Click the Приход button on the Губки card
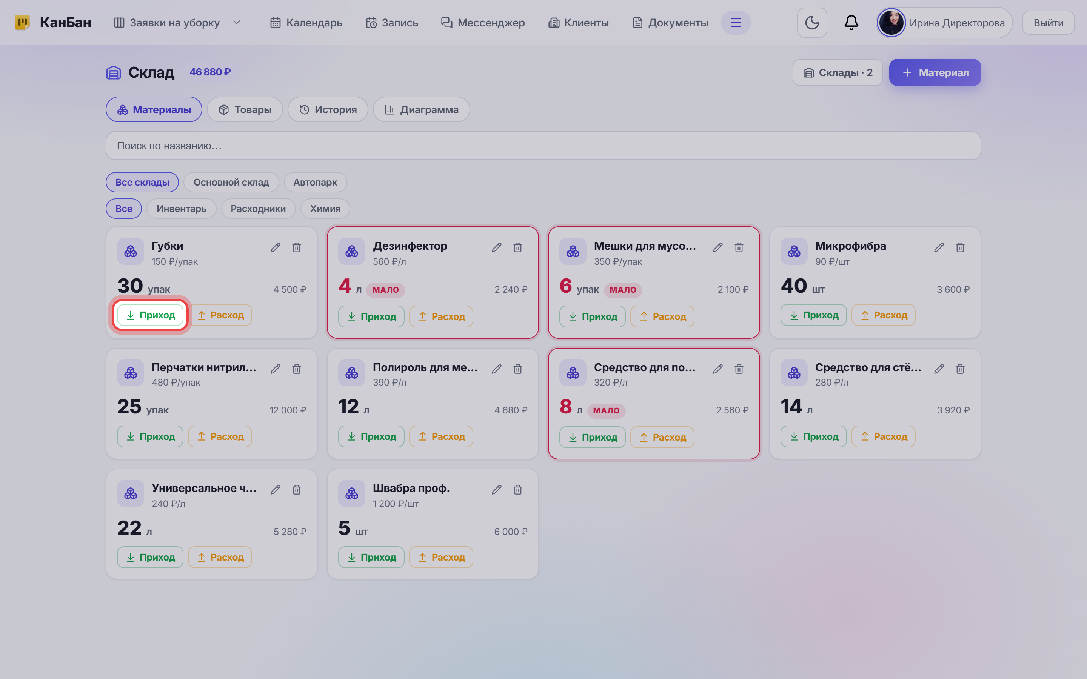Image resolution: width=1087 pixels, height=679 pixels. tap(150, 315)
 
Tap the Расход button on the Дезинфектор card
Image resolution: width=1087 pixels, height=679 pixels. tap(441, 316)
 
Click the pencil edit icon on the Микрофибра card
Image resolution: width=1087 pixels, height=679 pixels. tap(939, 247)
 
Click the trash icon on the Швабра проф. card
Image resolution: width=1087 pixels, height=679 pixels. tap(518, 490)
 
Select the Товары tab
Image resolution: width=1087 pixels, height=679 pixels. tap(245, 109)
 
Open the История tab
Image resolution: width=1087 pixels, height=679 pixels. tap(328, 109)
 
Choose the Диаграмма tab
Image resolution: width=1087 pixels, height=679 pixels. tap(421, 109)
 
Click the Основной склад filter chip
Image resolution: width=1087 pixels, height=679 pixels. tap(231, 182)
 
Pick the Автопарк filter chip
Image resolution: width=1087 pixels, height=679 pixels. tap(315, 182)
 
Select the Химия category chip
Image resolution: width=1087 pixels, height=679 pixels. tap(325, 209)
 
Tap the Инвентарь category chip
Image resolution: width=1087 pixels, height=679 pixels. tap(182, 209)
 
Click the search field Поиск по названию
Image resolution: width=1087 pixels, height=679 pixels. tap(543, 146)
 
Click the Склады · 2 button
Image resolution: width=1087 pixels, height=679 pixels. tap(838, 72)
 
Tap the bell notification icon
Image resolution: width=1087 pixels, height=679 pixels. tap(851, 23)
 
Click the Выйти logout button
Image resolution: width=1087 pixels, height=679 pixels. tap(1049, 23)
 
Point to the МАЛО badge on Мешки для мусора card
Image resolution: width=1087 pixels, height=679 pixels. tap(623, 290)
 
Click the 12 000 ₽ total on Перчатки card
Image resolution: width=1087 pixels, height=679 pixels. tap(288, 410)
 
